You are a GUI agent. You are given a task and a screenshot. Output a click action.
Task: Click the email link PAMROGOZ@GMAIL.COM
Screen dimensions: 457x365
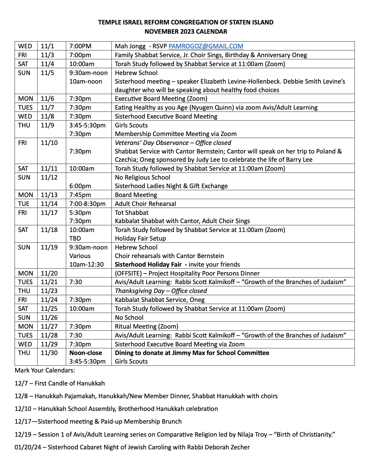click(x=206, y=46)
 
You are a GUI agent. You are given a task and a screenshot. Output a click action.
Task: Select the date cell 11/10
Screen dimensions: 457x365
click(x=49, y=143)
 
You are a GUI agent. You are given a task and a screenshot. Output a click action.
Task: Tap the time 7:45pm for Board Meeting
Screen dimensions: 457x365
click(x=80, y=195)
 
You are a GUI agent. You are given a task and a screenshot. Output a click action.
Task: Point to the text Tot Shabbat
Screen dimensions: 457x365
click(x=131, y=213)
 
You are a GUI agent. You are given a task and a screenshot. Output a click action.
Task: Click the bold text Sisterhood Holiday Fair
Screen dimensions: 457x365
click(x=148, y=264)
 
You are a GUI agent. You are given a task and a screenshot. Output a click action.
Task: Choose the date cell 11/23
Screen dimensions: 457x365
click(x=49, y=291)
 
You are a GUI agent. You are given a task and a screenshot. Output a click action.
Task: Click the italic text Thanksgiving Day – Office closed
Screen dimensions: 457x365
click(x=161, y=291)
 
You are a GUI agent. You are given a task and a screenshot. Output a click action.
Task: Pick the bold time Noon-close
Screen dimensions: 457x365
click(x=86, y=353)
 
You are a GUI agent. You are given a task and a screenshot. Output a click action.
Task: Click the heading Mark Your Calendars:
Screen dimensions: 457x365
click(x=45, y=370)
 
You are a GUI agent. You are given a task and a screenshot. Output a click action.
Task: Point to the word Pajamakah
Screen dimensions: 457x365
click(x=80, y=396)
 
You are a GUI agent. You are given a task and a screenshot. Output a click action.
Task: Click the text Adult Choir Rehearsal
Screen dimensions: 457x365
click(x=145, y=204)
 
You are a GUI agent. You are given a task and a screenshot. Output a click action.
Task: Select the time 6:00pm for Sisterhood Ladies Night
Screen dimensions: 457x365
click(x=80, y=186)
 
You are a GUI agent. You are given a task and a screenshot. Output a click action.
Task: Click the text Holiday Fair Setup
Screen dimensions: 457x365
click(x=140, y=238)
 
